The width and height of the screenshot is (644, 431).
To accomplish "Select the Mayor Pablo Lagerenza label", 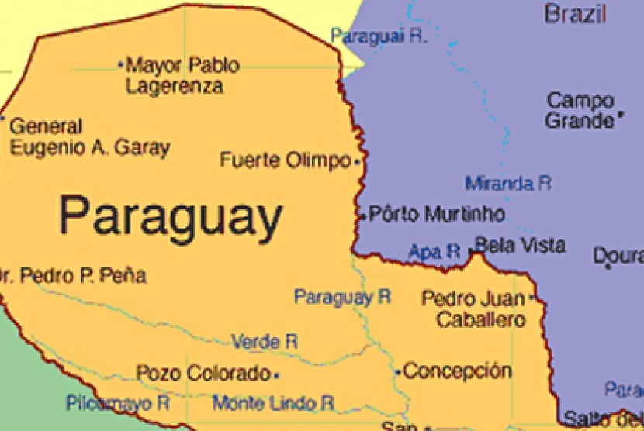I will [x=181, y=75].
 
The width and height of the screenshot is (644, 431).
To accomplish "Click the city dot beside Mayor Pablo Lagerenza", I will [x=120, y=65].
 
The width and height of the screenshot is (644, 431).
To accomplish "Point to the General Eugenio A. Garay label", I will [x=89, y=136].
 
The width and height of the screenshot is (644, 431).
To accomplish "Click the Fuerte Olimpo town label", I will [x=285, y=161].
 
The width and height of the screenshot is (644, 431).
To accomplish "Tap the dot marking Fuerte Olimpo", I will [x=357, y=163].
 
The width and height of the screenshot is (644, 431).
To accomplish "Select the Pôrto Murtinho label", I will [x=437, y=213].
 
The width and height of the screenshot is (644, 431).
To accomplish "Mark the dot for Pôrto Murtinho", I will [x=362, y=215].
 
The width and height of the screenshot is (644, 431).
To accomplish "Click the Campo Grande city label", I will [x=580, y=110].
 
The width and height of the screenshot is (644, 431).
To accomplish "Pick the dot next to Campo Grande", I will [x=621, y=120].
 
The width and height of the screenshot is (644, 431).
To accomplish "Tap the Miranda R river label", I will [x=508, y=184].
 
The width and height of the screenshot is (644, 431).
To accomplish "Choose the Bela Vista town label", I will [x=519, y=246].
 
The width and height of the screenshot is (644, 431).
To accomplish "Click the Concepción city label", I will [x=457, y=371].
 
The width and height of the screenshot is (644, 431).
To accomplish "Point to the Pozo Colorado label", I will [x=203, y=373].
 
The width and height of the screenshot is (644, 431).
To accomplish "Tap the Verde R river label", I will [x=265, y=341].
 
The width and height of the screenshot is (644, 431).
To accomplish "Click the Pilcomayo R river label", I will [x=117, y=402].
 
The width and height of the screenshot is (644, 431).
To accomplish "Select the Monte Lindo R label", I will [x=273, y=402].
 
